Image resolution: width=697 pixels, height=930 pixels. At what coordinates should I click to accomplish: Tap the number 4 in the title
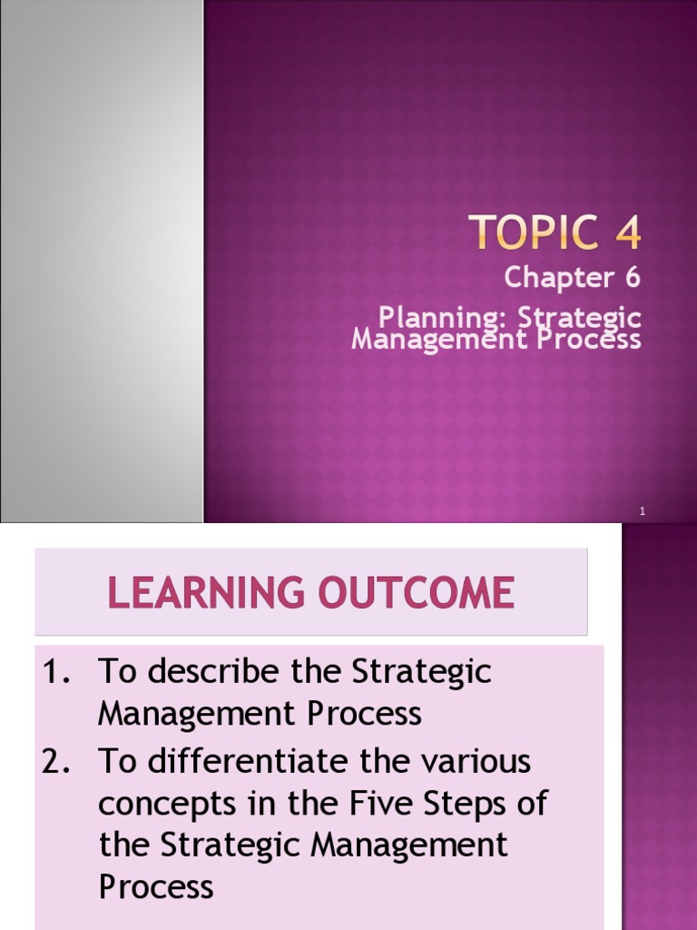(625, 234)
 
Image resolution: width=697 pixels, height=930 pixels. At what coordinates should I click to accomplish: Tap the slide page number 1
(642, 512)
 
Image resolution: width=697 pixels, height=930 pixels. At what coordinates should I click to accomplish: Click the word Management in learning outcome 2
(409, 846)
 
